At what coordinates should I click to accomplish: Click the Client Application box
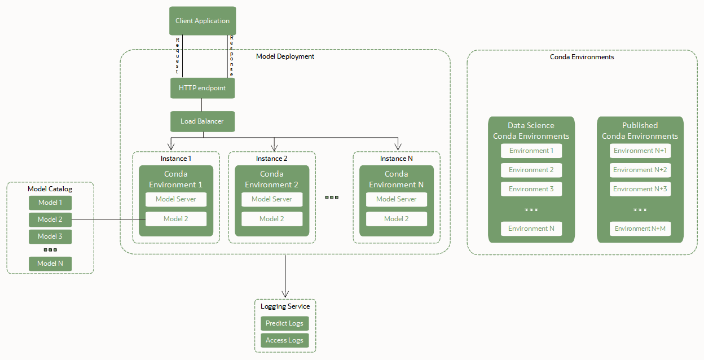[203, 21]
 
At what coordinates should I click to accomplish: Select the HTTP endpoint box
[202, 88]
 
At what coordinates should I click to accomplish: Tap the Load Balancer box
[202, 121]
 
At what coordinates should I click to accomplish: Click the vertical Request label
[178, 56]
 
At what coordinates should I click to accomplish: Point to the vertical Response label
[231, 56]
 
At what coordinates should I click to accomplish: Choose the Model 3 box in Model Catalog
[50, 236]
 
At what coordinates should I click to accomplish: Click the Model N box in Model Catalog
[50, 264]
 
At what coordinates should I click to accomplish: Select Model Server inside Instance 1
[176, 199]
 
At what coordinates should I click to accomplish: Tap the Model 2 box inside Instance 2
[272, 219]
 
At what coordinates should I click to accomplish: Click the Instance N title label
[396, 159]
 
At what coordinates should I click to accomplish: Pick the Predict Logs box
[284, 323]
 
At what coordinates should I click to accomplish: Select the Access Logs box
[284, 340]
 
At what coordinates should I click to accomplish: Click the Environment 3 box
[531, 189]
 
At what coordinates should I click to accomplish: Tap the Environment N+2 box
[640, 170]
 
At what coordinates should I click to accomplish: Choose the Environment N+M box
[640, 229]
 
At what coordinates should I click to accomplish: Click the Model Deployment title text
[285, 56]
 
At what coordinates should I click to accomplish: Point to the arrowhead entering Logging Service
[285, 293]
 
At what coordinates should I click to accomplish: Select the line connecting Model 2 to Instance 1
[107, 219]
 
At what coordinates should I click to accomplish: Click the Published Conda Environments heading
[640, 130]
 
